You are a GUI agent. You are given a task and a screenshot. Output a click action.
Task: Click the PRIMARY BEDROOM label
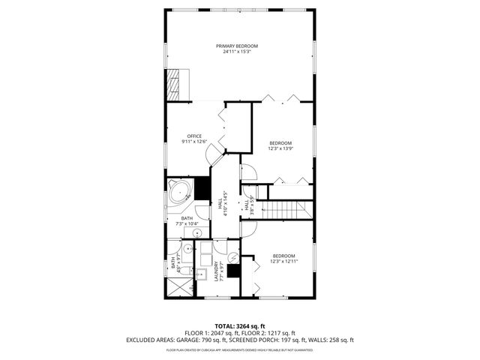pyautogui.click(x=241, y=46)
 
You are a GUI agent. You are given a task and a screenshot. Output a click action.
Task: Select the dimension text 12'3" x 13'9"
pyautogui.click(x=280, y=148)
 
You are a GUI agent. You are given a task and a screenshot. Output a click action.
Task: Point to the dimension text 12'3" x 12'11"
pyautogui.click(x=283, y=261)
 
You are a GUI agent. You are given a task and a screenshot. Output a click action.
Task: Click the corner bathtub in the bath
pyautogui.click(x=180, y=193)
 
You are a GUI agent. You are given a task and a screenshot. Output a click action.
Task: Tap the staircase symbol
pyautogui.click(x=290, y=210)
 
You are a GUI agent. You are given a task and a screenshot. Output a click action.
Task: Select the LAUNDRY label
pyautogui.click(x=216, y=271)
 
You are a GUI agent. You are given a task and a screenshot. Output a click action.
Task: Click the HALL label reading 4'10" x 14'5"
pyautogui.click(x=222, y=203)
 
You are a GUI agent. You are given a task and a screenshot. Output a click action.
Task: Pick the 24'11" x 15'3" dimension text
pyautogui.click(x=241, y=52)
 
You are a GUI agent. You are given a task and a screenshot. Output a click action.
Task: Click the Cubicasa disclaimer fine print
pyautogui.click(x=240, y=349)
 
